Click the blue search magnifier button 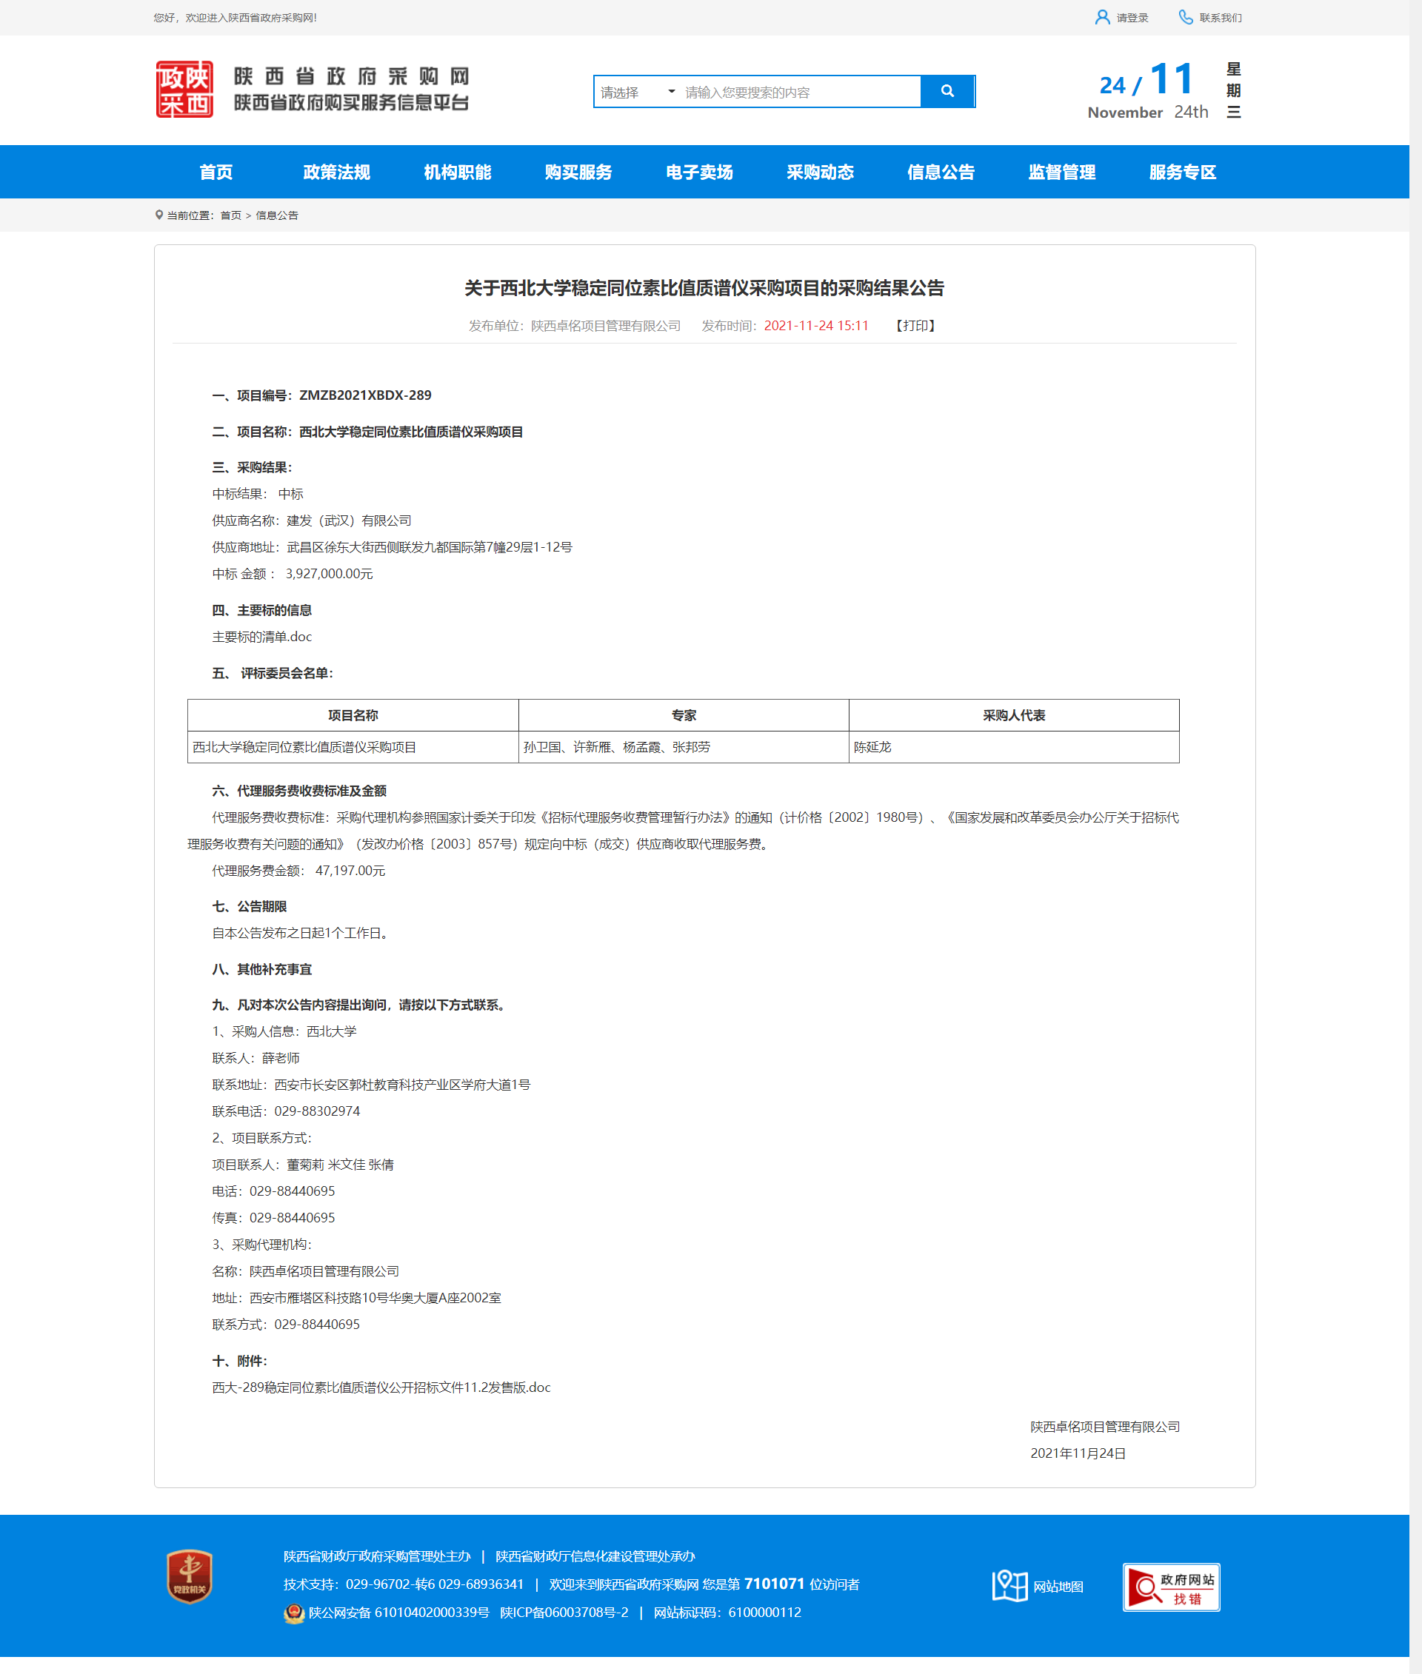click(x=947, y=91)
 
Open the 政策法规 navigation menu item click(x=336, y=172)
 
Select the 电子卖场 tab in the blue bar click(x=699, y=172)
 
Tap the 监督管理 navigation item click(x=1061, y=172)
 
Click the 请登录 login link click(x=1122, y=18)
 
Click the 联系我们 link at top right click(x=1211, y=18)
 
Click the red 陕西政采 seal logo click(x=184, y=90)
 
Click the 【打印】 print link click(x=915, y=326)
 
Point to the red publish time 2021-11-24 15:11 click(x=815, y=326)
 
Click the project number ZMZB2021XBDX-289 click(x=365, y=395)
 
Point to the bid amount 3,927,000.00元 click(x=329, y=574)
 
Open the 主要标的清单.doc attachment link click(x=262, y=637)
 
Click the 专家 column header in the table click(x=684, y=715)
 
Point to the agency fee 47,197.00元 click(x=350, y=871)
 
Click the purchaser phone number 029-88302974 click(x=317, y=1111)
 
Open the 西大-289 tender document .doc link click(x=381, y=1387)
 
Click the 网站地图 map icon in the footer click(x=1010, y=1585)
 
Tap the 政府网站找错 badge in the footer click(x=1170, y=1587)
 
